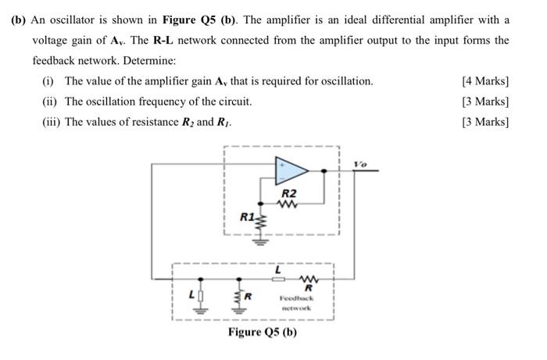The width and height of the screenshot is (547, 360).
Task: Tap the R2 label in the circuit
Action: [x=289, y=193]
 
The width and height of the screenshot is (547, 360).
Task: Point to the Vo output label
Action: [x=359, y=164]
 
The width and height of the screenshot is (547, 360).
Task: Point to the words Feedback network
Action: [x=296, y=303]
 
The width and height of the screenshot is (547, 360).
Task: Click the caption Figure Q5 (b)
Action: [x=263, y=333]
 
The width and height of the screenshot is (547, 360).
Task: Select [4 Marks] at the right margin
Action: [x=485, y=81]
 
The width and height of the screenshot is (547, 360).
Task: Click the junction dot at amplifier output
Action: [x=325, y=169]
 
